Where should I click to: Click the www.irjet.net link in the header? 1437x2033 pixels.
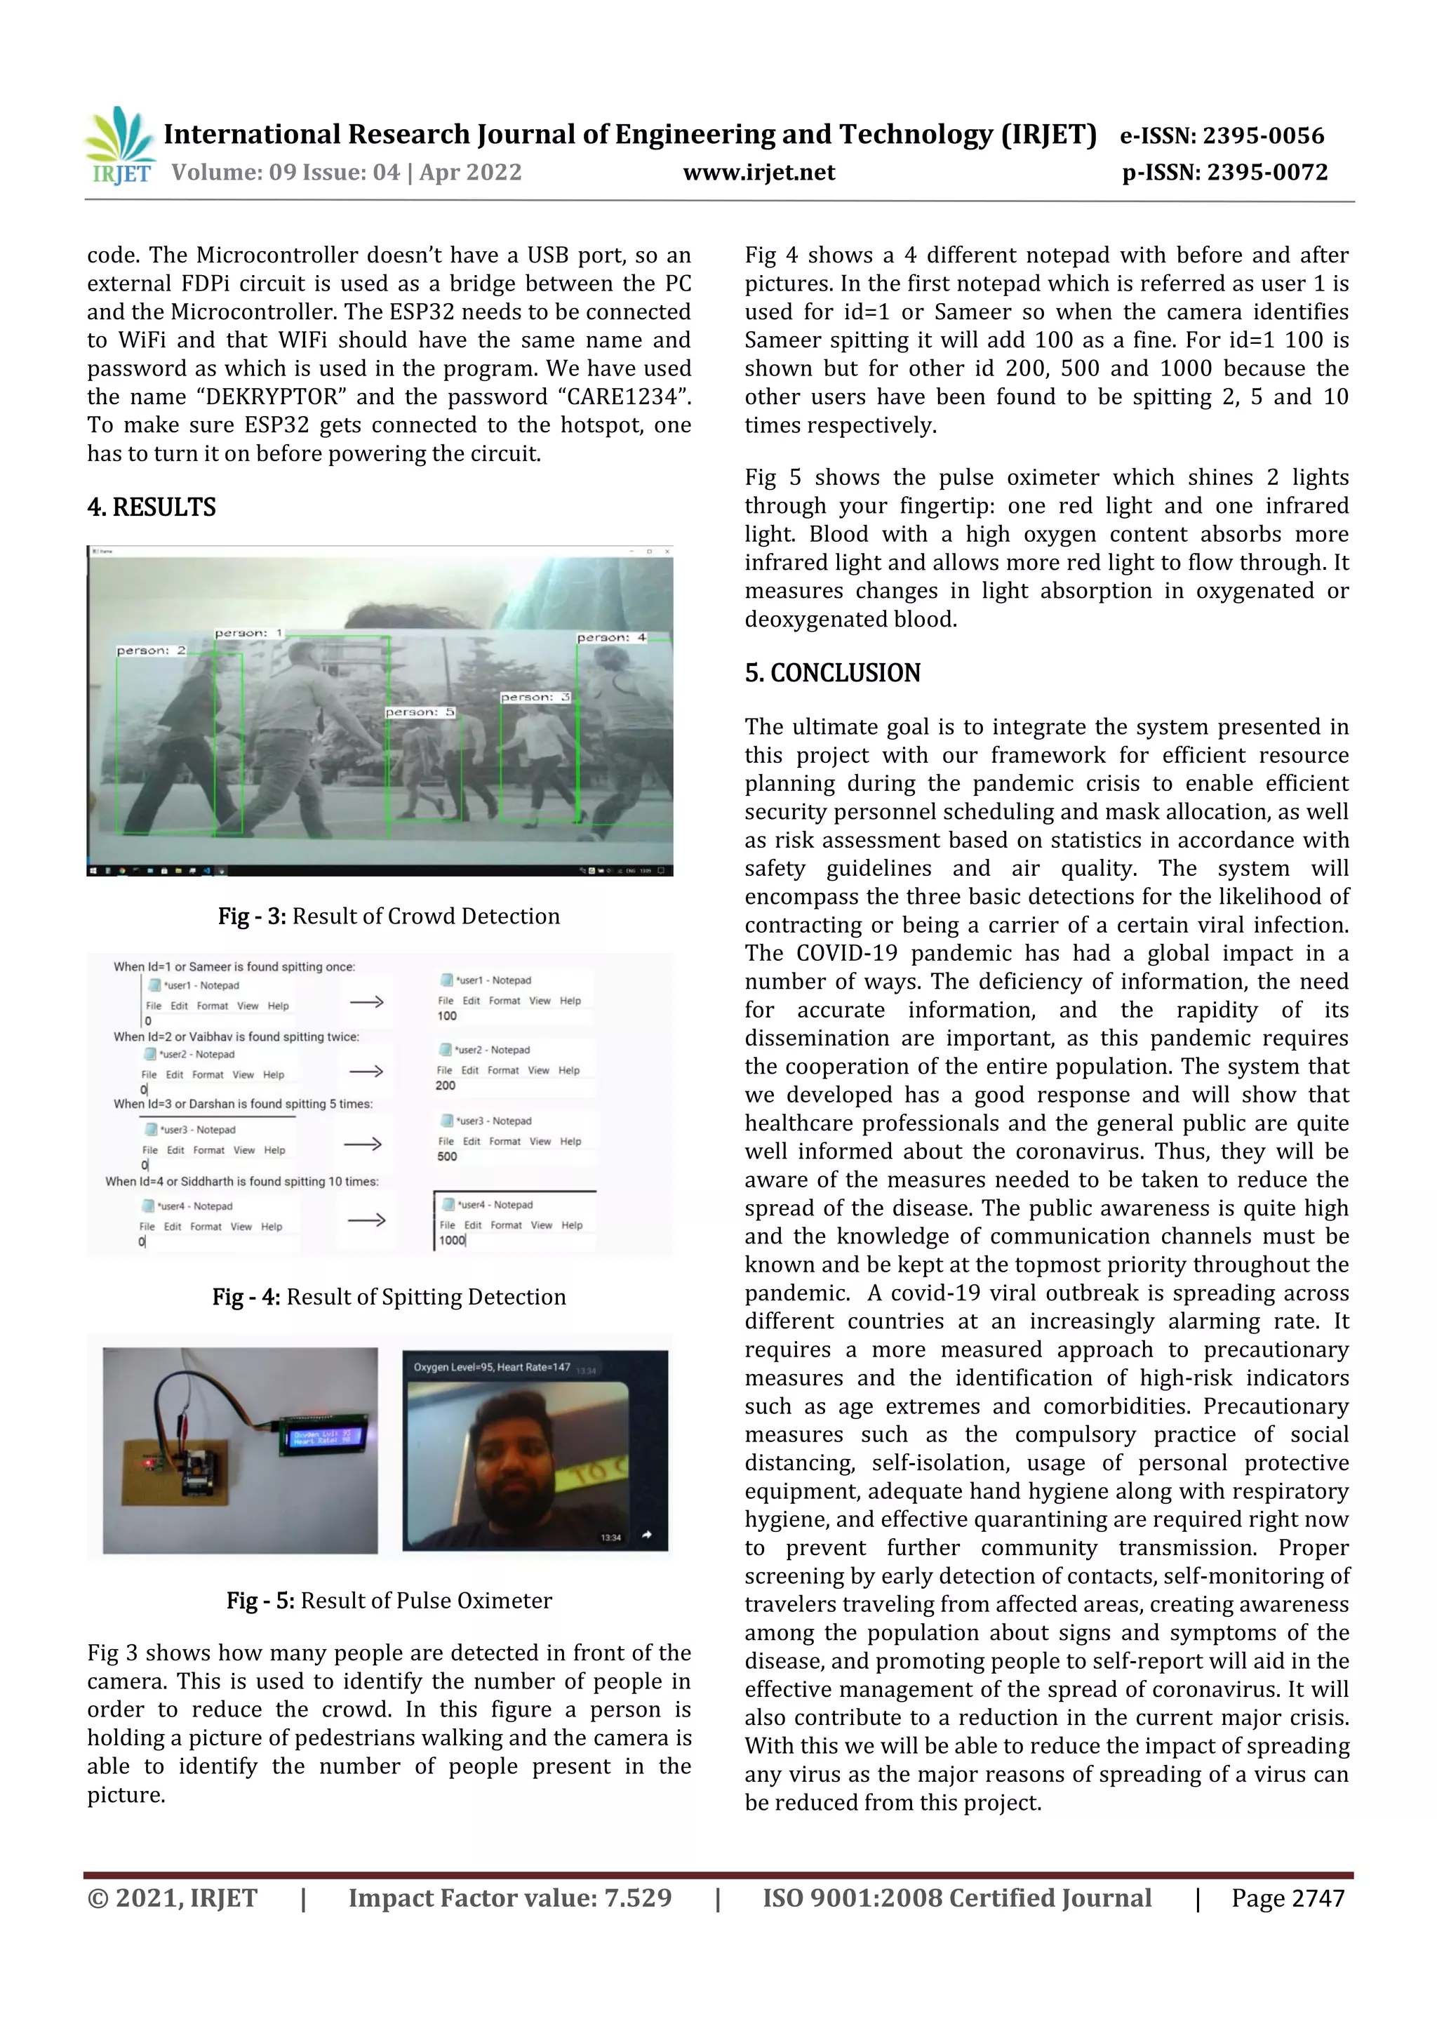click(x=758, y=172)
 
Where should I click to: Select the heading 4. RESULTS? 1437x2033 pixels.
click(x=152, y=507)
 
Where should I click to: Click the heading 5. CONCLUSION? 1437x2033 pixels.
click(x=831, y=673)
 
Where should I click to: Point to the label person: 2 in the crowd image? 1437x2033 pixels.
click(x=152, y=651)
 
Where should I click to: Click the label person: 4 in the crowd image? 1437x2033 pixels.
click(x=611, y=637)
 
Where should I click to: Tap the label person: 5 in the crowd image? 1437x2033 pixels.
click(x=420, y=712)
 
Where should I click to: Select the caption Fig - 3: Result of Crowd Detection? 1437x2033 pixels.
click(x=389, y=916)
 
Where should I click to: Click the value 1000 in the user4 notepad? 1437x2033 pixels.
click(x=452, y=1241)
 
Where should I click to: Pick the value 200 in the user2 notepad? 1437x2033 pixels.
click(x=446, y=1086)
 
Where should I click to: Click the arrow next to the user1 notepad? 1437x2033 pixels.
click(x=366, y=1001)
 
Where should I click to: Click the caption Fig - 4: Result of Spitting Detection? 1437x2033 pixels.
click(x=389, y=1296)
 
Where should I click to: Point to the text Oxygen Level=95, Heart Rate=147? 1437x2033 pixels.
click(x=491, y=1367)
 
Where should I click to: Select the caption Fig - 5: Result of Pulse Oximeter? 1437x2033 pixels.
click(x=389, y=1600)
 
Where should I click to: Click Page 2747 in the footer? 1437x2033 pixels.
click(x=1288, y=1898)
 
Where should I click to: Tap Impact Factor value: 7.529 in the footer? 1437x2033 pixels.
click(x=509, y=1898)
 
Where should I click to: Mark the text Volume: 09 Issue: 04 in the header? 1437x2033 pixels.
click(x=285, y=172)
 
